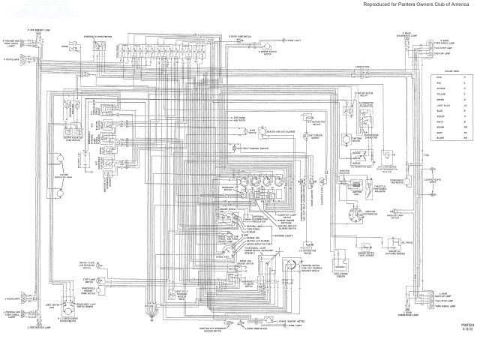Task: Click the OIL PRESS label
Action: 409,242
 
